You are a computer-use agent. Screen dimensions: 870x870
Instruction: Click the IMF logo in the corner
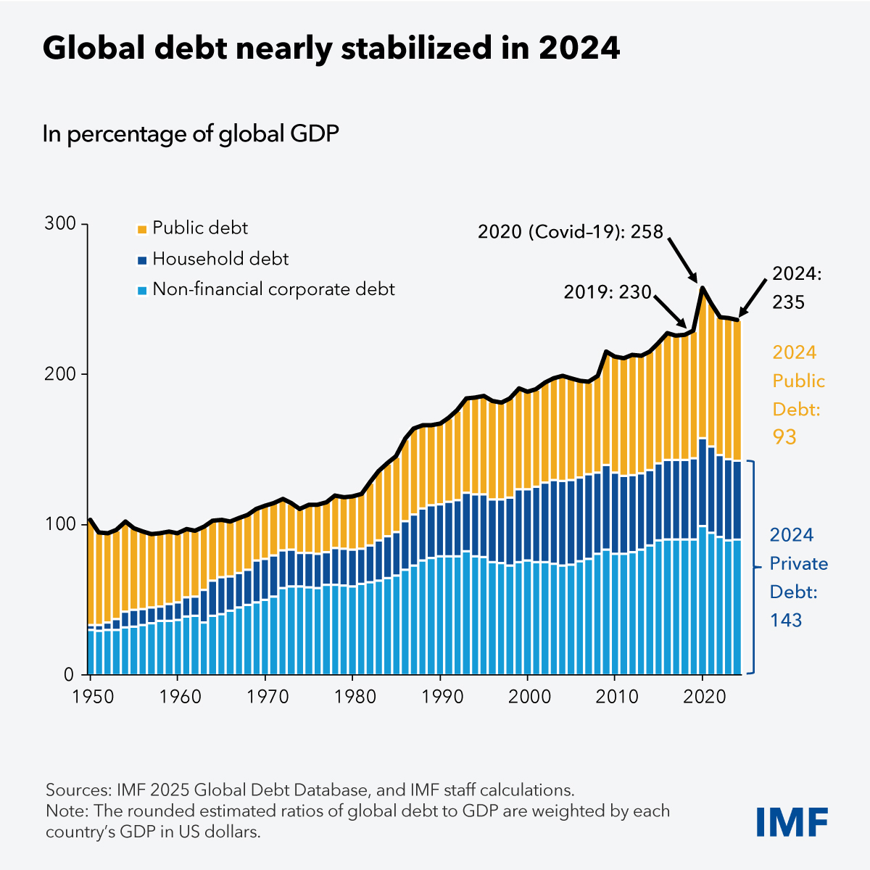(x=792, y=821)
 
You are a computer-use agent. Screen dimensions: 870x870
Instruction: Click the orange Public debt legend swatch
(x=141, y=229)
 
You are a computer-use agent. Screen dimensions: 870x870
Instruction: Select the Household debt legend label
(x=220, y=259)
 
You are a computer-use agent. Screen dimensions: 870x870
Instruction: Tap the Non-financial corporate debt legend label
(x=273, y=289)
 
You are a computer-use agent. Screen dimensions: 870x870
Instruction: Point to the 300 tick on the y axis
(x=60, y=224)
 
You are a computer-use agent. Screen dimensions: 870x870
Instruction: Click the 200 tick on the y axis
(x=60, y=374)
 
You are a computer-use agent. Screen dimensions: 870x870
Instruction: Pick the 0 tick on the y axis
(x=69, y=674)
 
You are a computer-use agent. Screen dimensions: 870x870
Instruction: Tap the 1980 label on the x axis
(x=352, y=697)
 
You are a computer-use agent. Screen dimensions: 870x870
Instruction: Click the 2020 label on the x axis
(x=703, y=697)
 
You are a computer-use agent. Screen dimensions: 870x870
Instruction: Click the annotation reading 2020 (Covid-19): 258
(x=571, y=232)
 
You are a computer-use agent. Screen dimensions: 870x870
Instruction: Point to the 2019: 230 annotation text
(x=608, y=292)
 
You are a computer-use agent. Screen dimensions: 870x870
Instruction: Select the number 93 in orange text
(x=784, y=437)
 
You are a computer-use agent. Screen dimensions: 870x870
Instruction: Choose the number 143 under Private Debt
(x=786, y=620)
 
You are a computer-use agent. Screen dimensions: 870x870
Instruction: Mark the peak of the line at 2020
(x=702, y=287)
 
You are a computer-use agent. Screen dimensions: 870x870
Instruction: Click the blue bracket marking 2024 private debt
(x=753, y=567)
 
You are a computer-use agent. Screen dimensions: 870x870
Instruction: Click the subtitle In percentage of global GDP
(x=191, y=134)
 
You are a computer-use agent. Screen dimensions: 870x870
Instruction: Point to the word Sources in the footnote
(x=76, y=790)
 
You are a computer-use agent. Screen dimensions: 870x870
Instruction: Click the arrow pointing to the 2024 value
(x=753, y=299)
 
